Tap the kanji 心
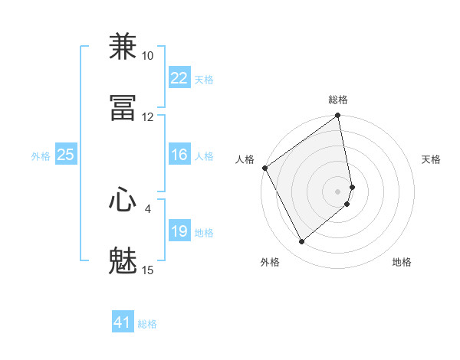[123, 200]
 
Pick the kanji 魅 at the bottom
[123, 261]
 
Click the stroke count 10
[148, 56]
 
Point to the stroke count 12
[148, 117]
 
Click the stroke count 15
[148, 270]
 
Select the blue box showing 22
[179, 78]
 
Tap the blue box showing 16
[179, 155]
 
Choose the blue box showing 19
[179, 231]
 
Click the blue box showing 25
[65, 155]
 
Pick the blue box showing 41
[123, 322]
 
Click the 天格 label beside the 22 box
[204, 80]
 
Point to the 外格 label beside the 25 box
[41, 156]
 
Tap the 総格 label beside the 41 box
[147, 324]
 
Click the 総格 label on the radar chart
[338, 100]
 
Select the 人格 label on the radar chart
[245, 159]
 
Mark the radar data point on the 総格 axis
[338, 117]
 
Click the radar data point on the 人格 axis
[264, 168]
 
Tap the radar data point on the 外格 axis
[301, 241]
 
